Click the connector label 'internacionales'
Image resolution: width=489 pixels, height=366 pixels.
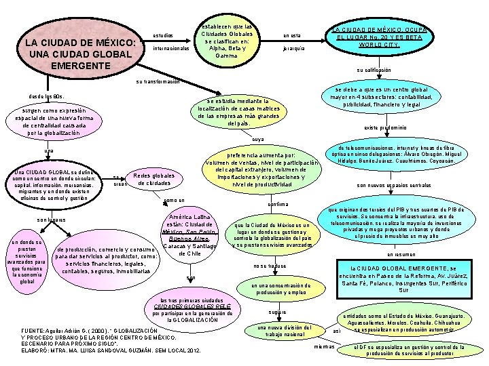coord(171,49)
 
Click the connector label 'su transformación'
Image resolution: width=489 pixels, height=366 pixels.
coord(158,81)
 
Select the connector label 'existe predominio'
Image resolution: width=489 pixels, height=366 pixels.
coord(385,127)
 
